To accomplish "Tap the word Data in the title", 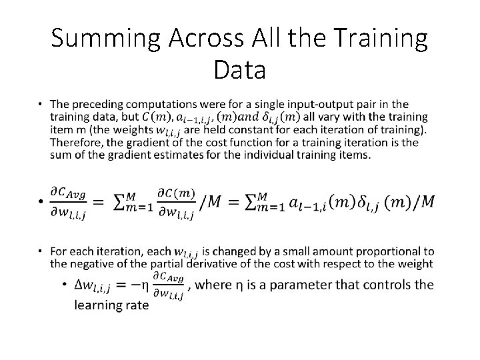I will pos(240,70).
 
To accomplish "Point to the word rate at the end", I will pos(137,304).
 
